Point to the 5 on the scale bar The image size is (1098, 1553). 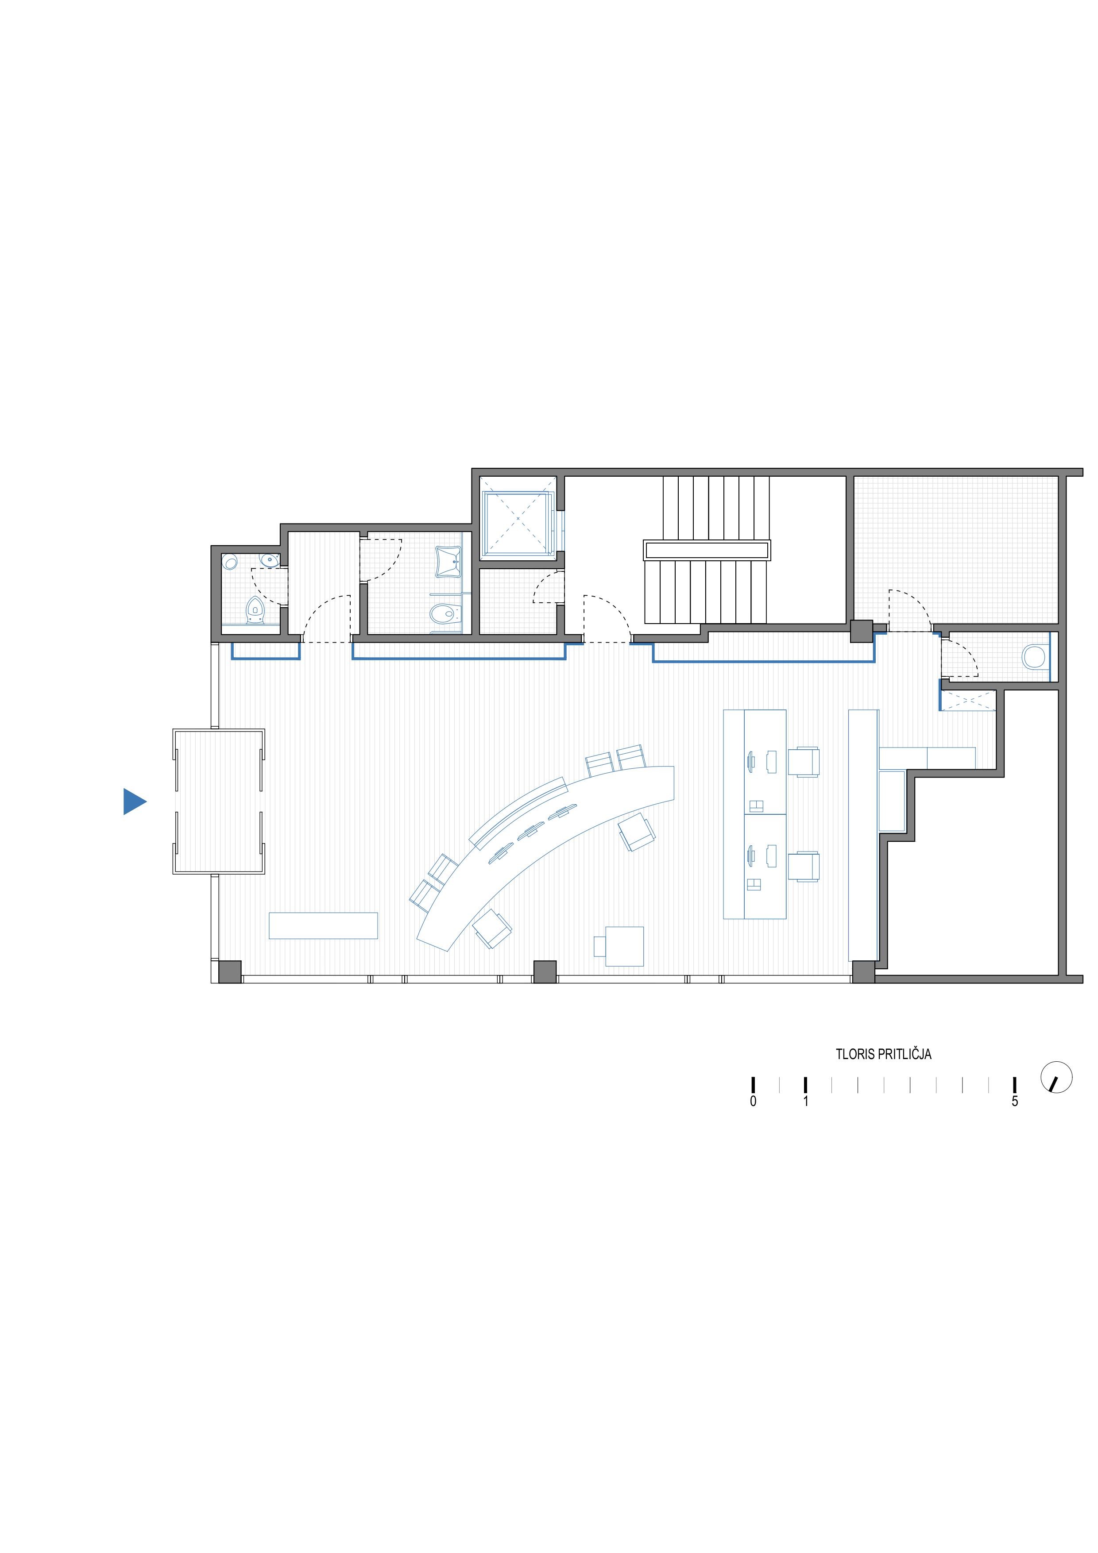pos(1014,1101)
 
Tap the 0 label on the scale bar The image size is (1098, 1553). pos(753,1101)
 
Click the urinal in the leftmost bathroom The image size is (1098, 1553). pos(255,609)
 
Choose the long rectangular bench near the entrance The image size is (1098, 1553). pos(323,925)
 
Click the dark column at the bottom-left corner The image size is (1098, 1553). pos(230,971)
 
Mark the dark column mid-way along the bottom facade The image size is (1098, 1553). pos(545,971)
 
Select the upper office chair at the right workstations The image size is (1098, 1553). pos(804,762)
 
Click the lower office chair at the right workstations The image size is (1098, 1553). pos(804,867)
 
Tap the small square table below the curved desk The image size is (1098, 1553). pos(624,946)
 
